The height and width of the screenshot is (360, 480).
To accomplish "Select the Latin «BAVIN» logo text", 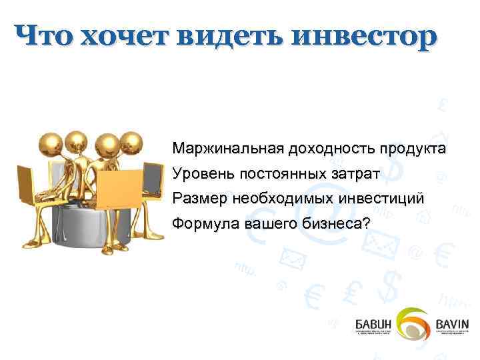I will point(453,323).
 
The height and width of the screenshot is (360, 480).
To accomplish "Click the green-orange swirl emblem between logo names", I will point(414,324).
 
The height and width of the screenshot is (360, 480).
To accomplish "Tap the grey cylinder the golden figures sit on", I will point(80,230).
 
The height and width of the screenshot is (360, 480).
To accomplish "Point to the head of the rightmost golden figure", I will point(133,143).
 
